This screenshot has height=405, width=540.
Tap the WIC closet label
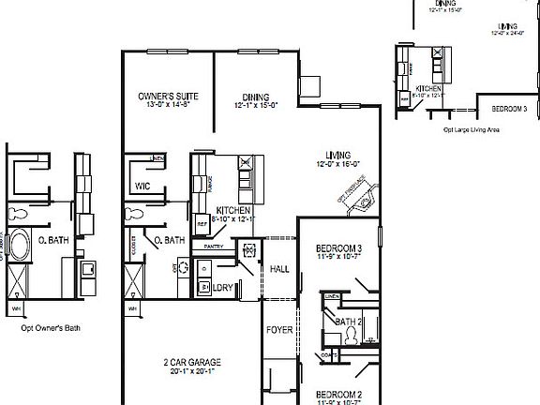click(142, 186)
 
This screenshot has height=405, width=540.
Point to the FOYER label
click(279, 330)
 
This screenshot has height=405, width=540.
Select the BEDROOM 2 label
click(338, 394)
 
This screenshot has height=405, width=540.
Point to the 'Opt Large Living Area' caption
click(472, 129)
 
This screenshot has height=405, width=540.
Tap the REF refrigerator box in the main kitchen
click(202, 224)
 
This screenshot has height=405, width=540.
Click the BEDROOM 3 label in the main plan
click(338, 247)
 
